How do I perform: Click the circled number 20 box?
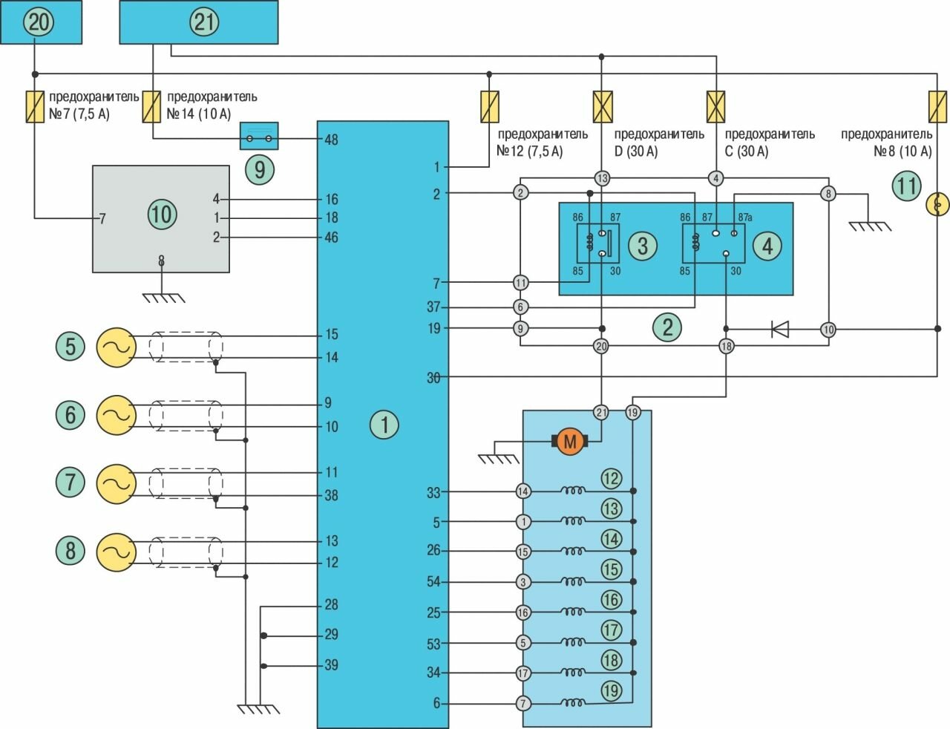tap(40, 22)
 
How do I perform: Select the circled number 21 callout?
tap(204, 22)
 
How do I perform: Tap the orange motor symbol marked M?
tap(570, 442)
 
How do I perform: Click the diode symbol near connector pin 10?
tap(780, 329)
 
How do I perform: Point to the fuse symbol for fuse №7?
tap(35, 107)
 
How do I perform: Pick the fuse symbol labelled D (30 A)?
tap(602, 107)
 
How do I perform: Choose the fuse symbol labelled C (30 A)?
tap(715, 107)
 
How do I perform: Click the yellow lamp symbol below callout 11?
tap(937, 203)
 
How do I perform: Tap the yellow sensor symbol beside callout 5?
tap(117, 347)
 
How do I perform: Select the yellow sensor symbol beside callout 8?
tap(117, 552)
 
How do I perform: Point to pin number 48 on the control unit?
tap(331, 139)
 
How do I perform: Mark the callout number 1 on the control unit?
tap(384, 425)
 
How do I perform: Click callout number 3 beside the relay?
tap(643, 246)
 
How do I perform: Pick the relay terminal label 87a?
tap(744, 218)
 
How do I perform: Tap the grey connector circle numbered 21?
tap(601, 412)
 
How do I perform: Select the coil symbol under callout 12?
tap(572, 491)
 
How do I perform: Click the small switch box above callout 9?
tap(259, 137)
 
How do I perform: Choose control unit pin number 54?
tap(433, 582)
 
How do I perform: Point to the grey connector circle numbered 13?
tap(602, 178)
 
